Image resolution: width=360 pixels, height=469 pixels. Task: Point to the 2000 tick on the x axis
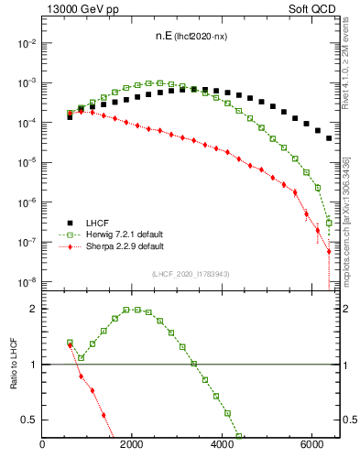[x=132, y=446]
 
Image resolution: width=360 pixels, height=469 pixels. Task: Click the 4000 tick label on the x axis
[x=222, y=446]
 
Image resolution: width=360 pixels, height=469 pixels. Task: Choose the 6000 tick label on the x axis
[x=311, y=446]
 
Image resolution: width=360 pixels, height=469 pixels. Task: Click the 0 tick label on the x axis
[x=42, y=446]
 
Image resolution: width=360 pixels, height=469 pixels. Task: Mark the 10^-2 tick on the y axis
[x=27, y=43]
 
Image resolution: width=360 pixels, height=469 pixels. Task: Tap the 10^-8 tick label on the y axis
[x=27, y=281]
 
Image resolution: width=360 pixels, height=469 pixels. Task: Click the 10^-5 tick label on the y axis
[x=27, y=162]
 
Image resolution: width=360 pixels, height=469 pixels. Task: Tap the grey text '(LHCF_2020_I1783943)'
[x=191, y=274]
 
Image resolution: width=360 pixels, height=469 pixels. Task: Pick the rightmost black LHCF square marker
[x=329, y=138]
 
